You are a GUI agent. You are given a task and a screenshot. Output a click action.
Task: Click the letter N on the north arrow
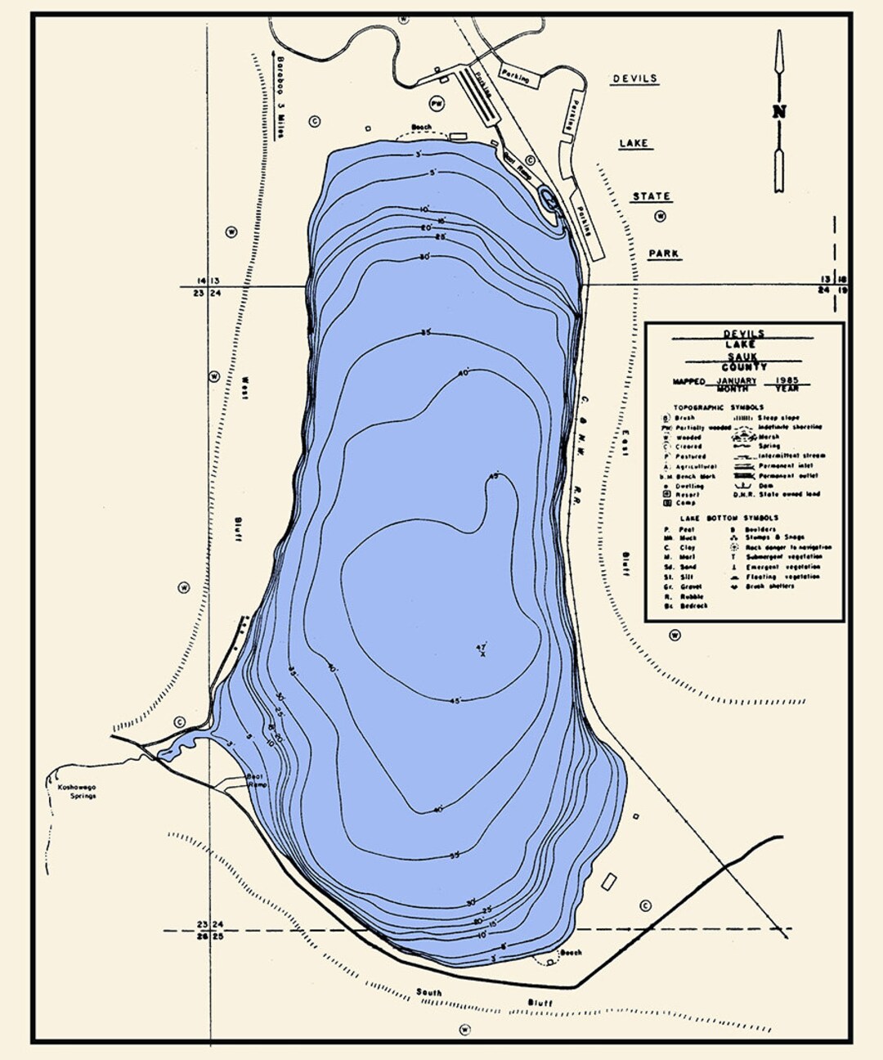click(779, 112)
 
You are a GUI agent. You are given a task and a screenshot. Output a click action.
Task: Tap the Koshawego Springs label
click(76, 791)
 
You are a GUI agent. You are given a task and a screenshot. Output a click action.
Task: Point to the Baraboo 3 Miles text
click(280, 98)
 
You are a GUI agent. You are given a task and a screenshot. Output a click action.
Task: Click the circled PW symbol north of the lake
click(437, 104)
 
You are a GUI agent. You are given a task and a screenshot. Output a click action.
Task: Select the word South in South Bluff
click(428, 992)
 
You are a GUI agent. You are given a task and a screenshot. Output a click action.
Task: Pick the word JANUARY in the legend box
click(736, 381)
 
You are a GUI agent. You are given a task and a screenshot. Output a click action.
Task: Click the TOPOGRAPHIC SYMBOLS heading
click(719, 406)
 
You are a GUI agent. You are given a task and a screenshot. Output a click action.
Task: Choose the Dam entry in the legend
click(767, 485)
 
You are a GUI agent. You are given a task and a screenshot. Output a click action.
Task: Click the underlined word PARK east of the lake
click(664, 254)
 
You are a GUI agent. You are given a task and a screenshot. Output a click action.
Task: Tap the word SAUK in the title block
click(743, 357)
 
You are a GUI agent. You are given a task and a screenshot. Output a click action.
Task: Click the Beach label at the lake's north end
click(421, 128)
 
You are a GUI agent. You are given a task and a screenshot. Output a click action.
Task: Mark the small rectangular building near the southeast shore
click(608, 883)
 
